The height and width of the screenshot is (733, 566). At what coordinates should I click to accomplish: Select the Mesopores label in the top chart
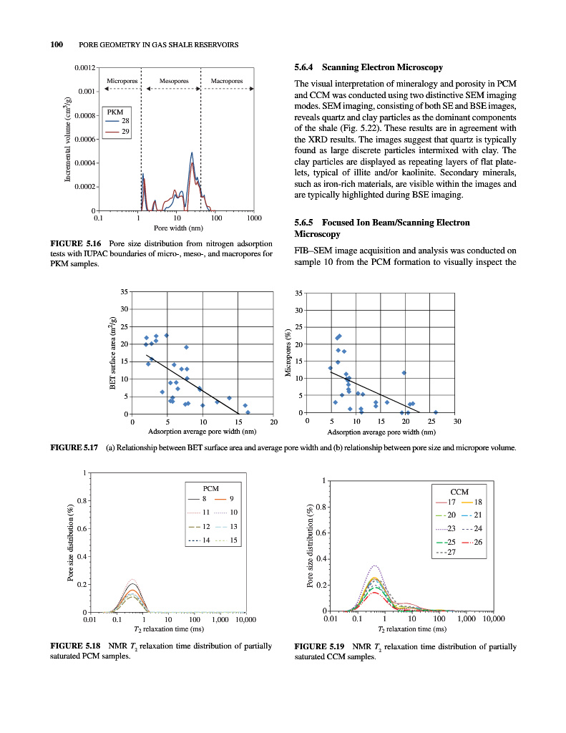tap(174, 81)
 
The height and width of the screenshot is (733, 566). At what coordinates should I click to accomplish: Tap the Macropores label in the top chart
tap(227, 81)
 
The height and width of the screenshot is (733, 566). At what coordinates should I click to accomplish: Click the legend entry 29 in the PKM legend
tap(125, 132)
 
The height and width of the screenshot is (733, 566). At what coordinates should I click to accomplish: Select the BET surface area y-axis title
tap(113, 352)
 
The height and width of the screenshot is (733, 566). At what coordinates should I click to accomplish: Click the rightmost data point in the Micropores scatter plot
tap(436, 412)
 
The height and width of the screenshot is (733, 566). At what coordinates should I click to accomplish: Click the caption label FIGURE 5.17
tap(75, 448)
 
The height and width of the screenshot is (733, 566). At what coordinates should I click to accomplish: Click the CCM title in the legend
tap(459, 492)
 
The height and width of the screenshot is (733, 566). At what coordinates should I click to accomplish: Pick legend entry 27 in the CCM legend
tap(452, 552)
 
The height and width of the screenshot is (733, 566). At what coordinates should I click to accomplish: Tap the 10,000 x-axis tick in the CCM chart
tap(493, 618)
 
